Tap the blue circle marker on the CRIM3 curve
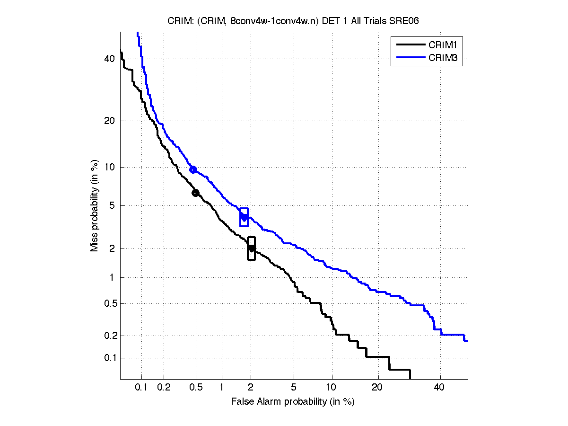click(x=193, y=169)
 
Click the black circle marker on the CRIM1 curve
click(x=195, y=193)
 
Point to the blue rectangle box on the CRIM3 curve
click(x=244, y=217)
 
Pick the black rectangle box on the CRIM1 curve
click(x=251, y=248)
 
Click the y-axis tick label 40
click(x=110, y=59)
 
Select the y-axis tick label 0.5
click(x=108, y=304)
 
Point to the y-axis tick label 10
click(x=110, y=168)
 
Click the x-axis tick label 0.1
click(x=141, y=388)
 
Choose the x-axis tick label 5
click(x=294, y=388)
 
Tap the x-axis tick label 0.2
click(x=164, y=388)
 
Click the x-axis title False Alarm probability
click(x=293, y=402)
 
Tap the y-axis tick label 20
click(x=110, y=121)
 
